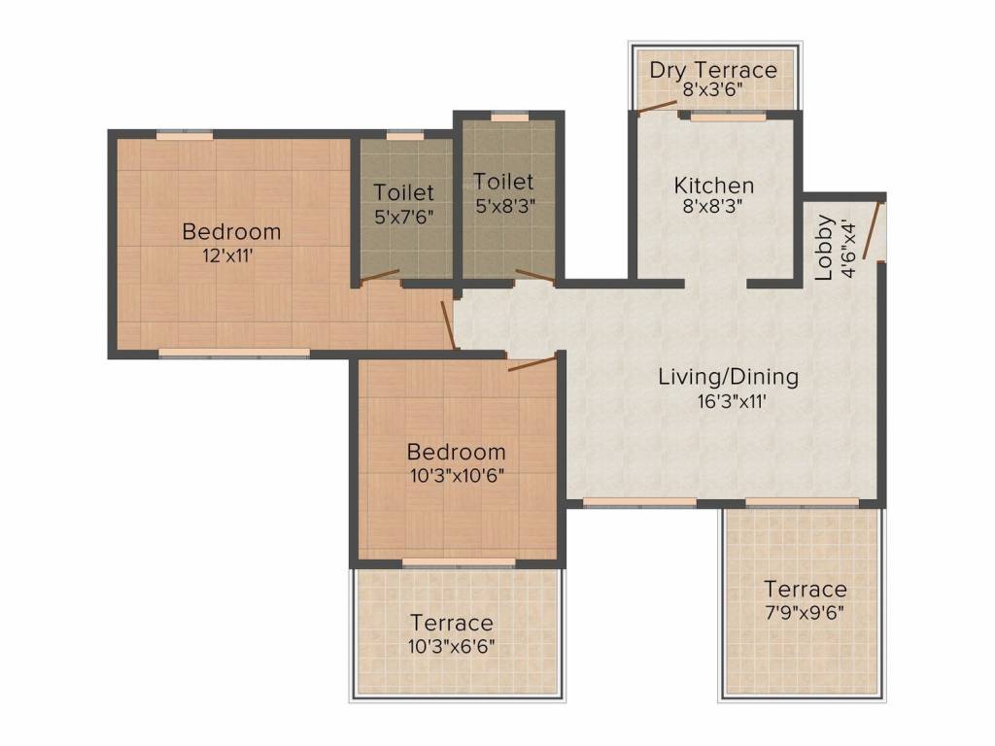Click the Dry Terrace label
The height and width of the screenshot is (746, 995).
[x=713, y=70]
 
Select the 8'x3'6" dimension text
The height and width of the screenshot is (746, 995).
[x=713, y=90]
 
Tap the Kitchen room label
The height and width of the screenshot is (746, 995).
[x=714, y=186]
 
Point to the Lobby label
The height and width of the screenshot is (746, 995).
[x=824, y=248]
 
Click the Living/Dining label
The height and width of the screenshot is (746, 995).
[x=728, y=376]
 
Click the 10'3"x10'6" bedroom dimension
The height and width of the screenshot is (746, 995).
[x=456, y=475]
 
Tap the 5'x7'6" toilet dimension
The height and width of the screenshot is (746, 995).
[x=404, y=216]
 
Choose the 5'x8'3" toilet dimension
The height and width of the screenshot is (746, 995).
[x=504, y=205]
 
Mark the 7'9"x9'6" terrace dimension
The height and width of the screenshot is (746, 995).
[x=805, y=612]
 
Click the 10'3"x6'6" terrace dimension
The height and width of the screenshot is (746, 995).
[x=452, y=645]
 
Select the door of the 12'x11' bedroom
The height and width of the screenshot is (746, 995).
[x=449, y=324]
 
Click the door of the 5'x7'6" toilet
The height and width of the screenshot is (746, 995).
[x=380, y=275]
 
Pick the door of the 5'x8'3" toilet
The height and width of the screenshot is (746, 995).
[x=535, y=276]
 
